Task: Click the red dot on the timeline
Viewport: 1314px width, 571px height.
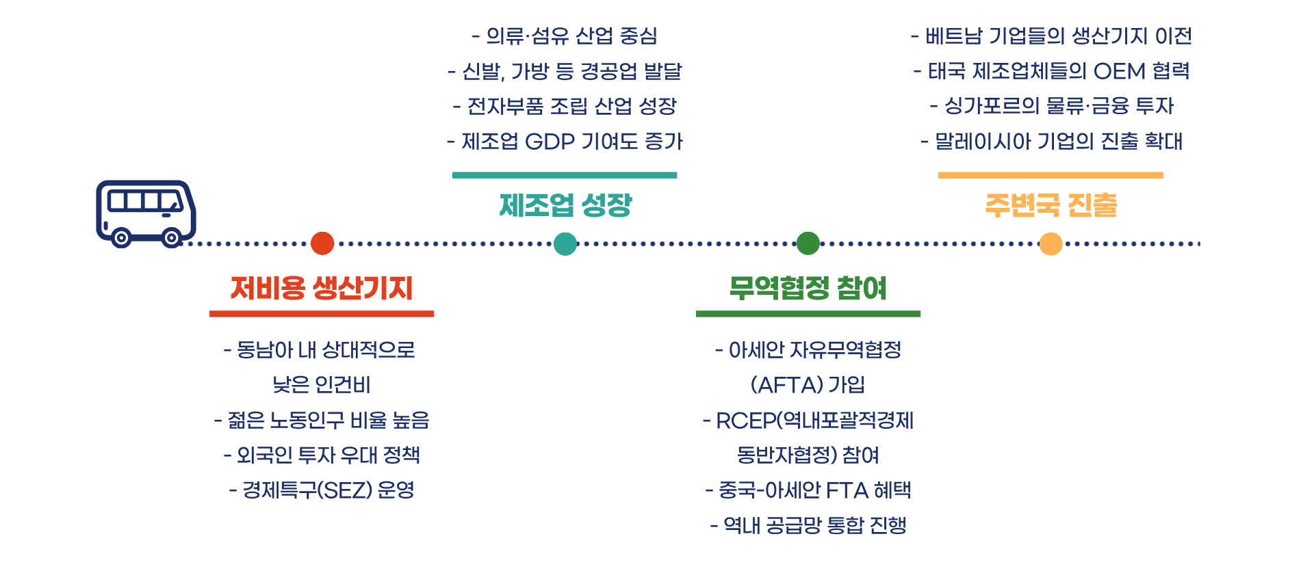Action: click(322, 243)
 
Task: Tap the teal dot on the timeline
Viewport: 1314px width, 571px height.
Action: click(565, 243)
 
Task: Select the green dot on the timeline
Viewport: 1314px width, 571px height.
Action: click(808, 243)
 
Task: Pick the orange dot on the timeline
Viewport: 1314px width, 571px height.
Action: click(1051, 243)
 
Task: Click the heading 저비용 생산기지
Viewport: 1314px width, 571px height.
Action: click(322, 288)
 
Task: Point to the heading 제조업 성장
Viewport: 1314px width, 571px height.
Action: click(565, 205)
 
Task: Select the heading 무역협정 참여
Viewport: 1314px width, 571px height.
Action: click(808, 288)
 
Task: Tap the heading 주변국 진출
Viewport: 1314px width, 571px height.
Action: click(1051, 205)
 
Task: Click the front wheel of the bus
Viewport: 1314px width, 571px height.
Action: click(171, 238)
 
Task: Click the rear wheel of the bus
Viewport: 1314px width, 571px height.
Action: click(121, 238)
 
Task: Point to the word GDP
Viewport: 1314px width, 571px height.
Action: click(550, 142)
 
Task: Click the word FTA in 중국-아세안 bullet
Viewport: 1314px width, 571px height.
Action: click(847, 490)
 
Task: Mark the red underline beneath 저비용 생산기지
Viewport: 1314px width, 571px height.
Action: click(322, 314)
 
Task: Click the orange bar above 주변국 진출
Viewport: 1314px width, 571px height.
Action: click(1051, 176)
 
